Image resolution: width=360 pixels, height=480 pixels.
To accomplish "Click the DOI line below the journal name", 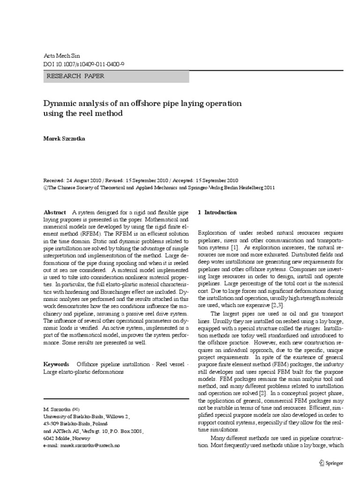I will coord(83,64).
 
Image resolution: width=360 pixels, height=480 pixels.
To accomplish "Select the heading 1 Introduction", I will coord(217,212).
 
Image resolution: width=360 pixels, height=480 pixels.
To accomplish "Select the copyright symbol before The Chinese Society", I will coord(45,187).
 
